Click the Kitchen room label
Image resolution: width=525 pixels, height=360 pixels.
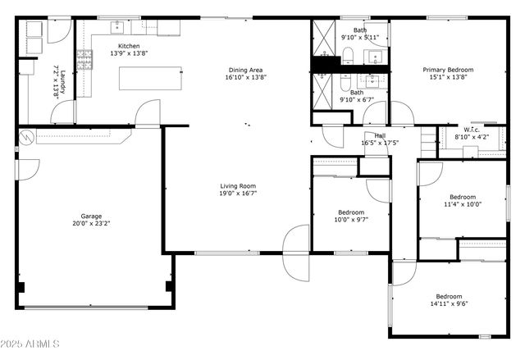point(129,47)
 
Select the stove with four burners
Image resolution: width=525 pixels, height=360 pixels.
point(84,57)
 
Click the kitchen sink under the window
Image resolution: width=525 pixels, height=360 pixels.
point(117,26)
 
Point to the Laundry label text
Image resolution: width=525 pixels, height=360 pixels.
point(57,82)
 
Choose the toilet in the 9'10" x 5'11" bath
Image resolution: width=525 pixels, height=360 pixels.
point(348,56)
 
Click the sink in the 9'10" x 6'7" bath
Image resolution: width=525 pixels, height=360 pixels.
point(374,80)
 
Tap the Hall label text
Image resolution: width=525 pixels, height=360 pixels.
point(380,136)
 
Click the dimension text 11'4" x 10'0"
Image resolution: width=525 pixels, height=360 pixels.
point(463,204)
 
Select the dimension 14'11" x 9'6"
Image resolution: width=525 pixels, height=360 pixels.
point(448,303)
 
